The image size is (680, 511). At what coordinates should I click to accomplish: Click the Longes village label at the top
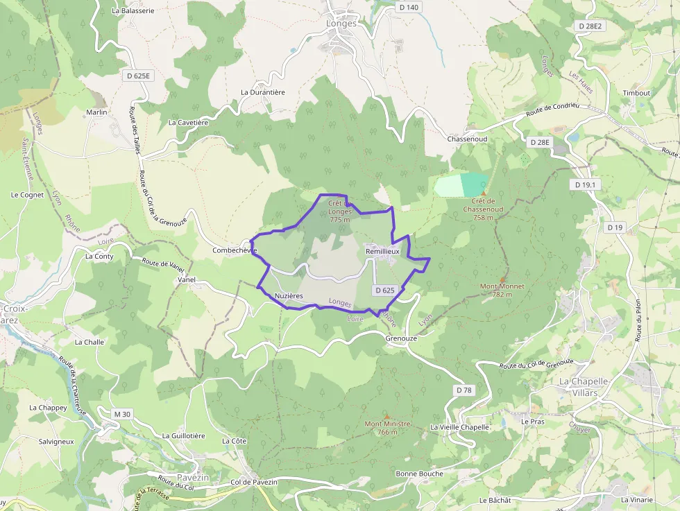pyautogui.click(x=341, y=23)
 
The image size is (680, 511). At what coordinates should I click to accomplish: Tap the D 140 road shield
pyautogui.click(x=409, y=7)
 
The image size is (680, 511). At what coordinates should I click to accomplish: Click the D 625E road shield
pyautogui.click(x=138, y=75)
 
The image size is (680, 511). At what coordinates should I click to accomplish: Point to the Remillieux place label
pyautogui.click(x=382, y=251)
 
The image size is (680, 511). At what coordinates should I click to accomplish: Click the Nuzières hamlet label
pyautogui.click(x=289, y=296)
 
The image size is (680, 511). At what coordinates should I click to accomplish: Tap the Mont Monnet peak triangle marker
pyautogui.click(x=502, y=279)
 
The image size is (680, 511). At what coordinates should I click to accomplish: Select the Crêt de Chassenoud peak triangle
pyautogui.click(x=484, y=193)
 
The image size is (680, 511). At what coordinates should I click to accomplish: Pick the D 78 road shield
pyautogui.click(x=464, y=390)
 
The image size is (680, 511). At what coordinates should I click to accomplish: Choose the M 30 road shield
pyautogui.click(x=122, y=414)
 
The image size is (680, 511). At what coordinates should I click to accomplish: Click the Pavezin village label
pyautogui.click(x=194, y=478)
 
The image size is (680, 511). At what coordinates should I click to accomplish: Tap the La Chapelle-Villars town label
pyautogui.click(x=584, y=386)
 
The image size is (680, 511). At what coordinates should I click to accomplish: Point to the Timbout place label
pyautogui.click(x=636, y=93)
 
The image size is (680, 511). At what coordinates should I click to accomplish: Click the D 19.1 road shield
pyautogui.click(x=586, y=185)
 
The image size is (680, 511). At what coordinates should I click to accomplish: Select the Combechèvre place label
pyautogui.click(x=235, y=250)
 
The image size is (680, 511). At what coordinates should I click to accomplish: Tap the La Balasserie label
pyautogui.click(x=133, y=11)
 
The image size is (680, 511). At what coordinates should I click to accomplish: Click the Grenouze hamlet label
pyautogui.click(x=400, y=338)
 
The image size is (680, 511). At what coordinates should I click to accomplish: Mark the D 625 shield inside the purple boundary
pyautogui.click(x=384, y=291)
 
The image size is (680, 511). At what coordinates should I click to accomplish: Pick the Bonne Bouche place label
pyautogui.click(x=419, y=474)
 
